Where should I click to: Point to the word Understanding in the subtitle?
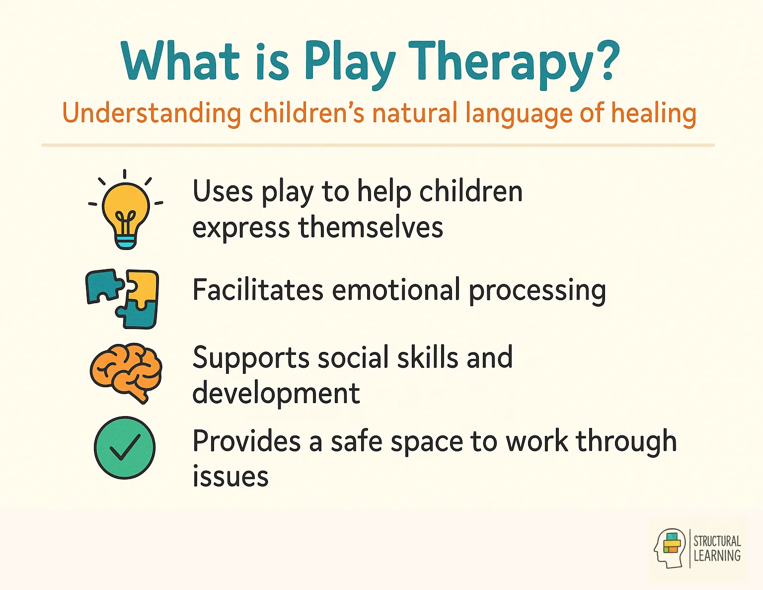click(x=152, y=113)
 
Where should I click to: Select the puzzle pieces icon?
click(x=122, y=299)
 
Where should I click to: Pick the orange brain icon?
click(x=126, y=373)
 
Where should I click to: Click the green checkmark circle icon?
click(x=125, y=447)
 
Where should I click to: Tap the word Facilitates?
click(x=258, y=290)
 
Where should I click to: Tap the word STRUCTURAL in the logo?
click(x=717, y=541)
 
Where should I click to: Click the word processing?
click(x=537, y=291)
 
